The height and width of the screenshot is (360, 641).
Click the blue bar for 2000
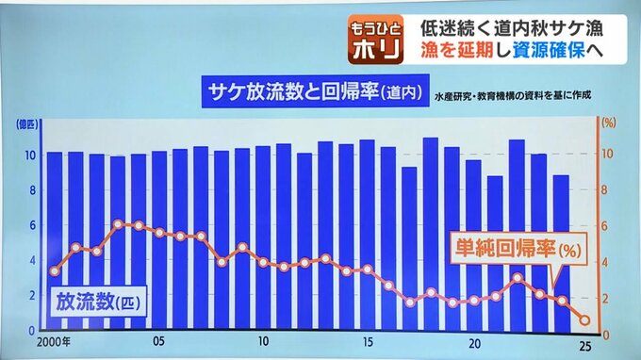pos(55,240)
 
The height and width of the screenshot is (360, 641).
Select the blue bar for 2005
pos(159,240)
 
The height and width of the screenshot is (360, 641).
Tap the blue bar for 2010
pos(263,237)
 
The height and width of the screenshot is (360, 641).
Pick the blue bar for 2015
pos(367,235)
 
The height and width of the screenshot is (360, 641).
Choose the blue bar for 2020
pos(473,245)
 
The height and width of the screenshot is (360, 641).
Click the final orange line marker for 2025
pos(584,320)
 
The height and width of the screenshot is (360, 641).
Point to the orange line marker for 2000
pos(55,270)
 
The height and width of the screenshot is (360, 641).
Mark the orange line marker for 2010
pos(263,262)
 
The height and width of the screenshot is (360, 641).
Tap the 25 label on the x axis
pos(585,347)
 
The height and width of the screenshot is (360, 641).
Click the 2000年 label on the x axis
pos(53,341)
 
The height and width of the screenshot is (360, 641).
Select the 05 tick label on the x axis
pos(159,341)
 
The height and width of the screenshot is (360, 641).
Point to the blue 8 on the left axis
pos(32,190)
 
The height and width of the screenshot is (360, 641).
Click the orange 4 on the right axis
pos(605,262)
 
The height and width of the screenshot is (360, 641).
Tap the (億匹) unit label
pos(27,124)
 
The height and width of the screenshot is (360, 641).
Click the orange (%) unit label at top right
pos(609,123)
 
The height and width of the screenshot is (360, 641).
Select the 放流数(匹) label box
pos(98,302)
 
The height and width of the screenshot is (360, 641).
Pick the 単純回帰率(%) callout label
pos(518,248)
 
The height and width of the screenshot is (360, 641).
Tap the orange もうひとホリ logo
pos(376,40)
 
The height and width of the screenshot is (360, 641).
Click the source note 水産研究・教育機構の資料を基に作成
pos(513,96)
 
